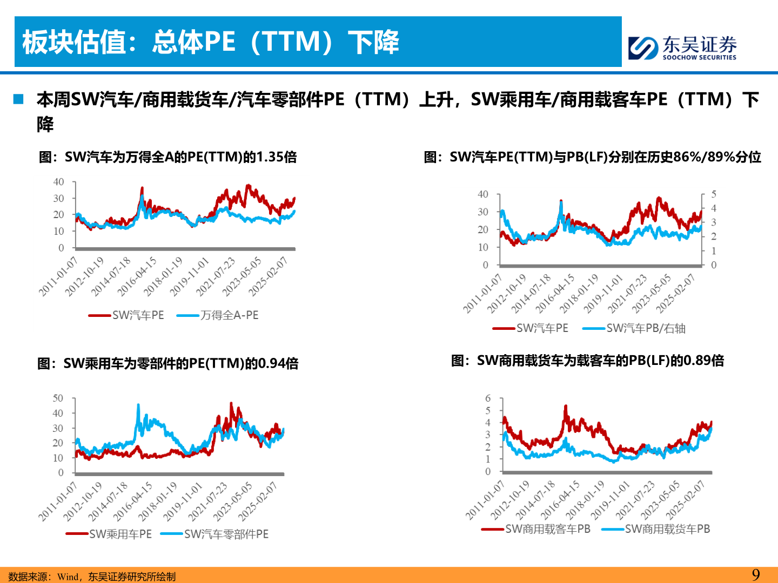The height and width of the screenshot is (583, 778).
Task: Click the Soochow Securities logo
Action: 682,48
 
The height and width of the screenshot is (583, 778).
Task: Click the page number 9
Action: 756,574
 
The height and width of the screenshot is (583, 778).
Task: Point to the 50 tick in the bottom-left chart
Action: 58,398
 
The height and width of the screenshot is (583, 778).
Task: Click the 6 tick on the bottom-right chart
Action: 488,398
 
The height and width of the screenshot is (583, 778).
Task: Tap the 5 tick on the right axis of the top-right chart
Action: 714,194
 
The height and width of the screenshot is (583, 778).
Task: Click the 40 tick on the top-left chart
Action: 58,182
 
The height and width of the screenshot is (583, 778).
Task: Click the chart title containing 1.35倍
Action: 167,157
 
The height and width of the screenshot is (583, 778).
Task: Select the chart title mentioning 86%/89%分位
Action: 592,157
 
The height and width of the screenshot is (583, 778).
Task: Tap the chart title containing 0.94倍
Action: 167,363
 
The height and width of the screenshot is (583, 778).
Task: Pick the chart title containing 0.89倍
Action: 587,361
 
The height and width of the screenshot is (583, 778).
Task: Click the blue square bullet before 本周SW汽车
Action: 19,99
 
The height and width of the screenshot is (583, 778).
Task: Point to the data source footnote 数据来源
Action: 92,577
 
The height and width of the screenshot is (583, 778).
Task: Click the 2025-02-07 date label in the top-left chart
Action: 268,277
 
